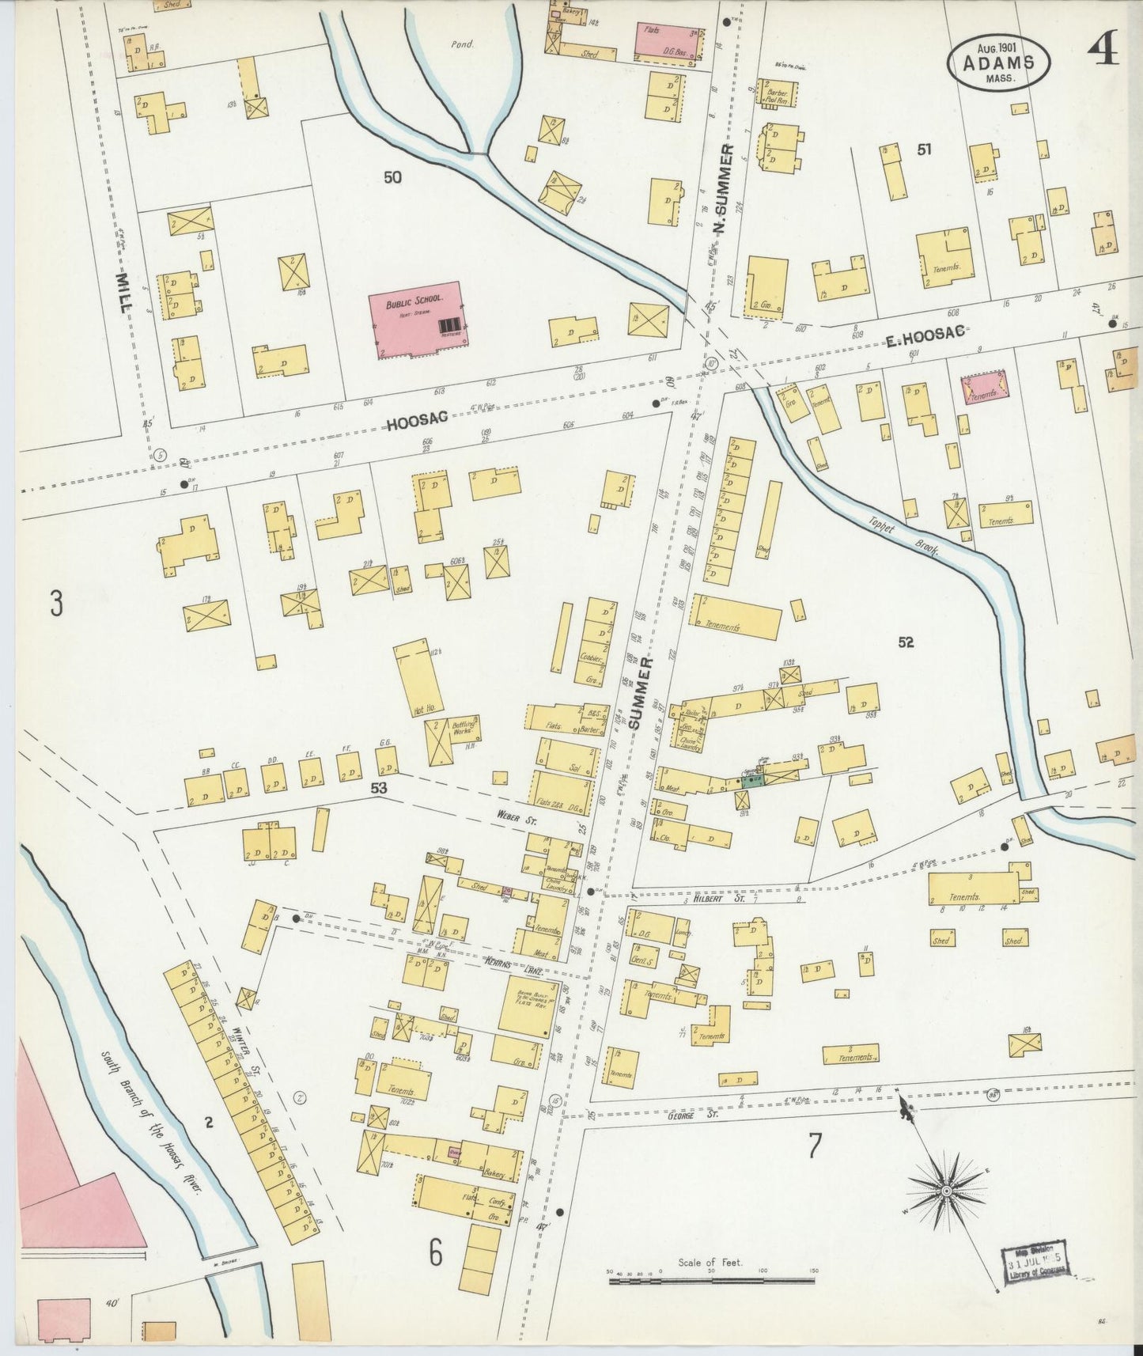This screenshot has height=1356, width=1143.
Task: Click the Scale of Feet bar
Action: pos(712,1278)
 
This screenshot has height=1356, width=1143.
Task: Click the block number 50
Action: pos(392,177)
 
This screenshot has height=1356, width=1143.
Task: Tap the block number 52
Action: pos(906,642)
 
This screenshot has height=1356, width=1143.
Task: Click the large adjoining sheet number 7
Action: pos(815,1146)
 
